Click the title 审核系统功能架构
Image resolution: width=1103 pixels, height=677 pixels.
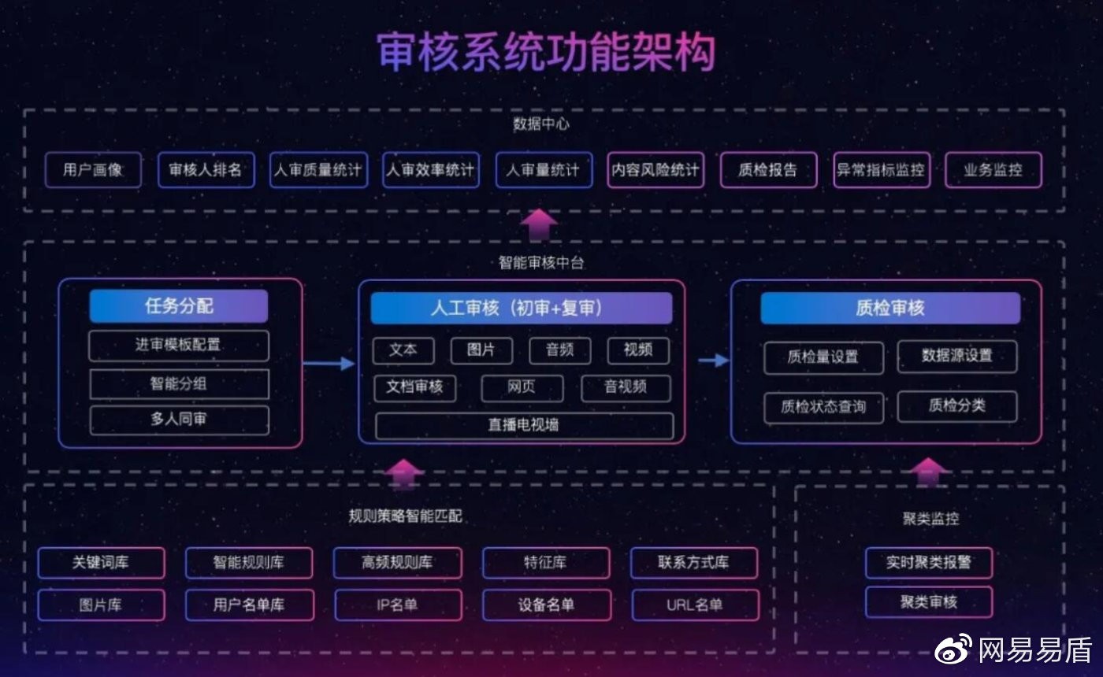pyautogui.click(x=545, y=53)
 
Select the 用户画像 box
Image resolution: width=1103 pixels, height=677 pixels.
pyautogui.click(x=93, y=170)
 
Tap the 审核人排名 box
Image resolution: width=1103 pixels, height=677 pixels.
pyautogui.click(x=206, y=170)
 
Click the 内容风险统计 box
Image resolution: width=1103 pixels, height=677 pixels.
pyautogui.click(x=655, y=170)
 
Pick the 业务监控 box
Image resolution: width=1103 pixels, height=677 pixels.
pyautogui.click(x=993, y=170)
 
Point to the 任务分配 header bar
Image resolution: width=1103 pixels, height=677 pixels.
pyautogui.click(x=179, y=306)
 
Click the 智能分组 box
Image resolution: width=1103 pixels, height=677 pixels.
pyautogui.click(x=179, y=384)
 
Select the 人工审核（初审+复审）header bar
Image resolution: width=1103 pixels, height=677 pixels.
pyautogui.click(x=521, y=308)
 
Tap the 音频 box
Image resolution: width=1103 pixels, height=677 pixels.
pyautogui.click(x=559, y=350)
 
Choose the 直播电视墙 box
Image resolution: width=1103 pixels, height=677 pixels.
pyautogui.click(x=524, y=425)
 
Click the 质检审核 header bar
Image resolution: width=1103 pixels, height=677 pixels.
pyautogui.click(x=889, y=308)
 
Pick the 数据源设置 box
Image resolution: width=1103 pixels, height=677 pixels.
pyautogui.click(x=956, y=356)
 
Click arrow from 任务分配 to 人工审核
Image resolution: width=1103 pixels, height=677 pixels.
pyautogui.click(x=329, y=363)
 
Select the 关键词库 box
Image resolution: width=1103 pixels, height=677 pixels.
pyautogui.click(x=101, y=563)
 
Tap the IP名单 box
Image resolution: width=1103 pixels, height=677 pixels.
pyautogui.click(x=398, y=605)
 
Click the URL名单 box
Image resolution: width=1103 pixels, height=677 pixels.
pyautogui.click(x=695, y=605)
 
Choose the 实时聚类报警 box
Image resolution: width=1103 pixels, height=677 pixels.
pyautogui.click(x=928, y=563)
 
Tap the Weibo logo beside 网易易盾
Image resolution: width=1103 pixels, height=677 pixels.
pyautogui.click(x=953, y=649)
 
